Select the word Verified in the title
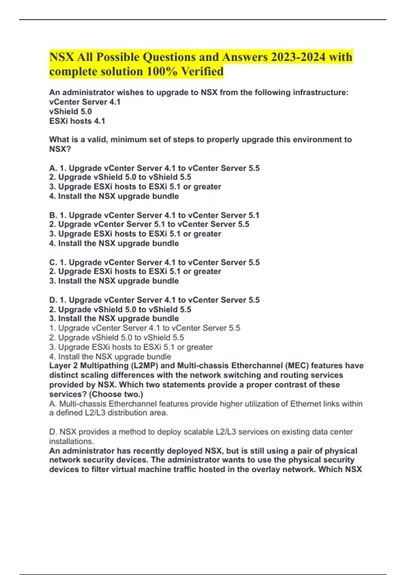click(x=202, y=71)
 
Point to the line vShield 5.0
click(x=70, y=111)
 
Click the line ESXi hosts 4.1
click(x=77, y=121)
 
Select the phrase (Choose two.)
click(x=116, y=394)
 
